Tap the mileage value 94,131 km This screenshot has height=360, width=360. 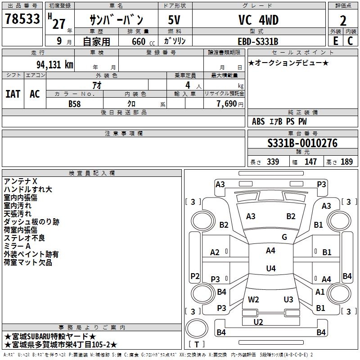click(x=54, y=64)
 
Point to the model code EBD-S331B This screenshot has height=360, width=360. click(x=258, y=41)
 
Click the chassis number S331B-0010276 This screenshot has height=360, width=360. click(x=302, y=144)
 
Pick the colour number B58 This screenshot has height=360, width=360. click(x=75, y=104)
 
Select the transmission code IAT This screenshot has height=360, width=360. click(x=13, y=94)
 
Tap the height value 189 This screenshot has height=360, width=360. click(x=346, y=162)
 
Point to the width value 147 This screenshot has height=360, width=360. click(x=310, y=162)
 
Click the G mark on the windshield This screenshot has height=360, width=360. click(x=284, y=237)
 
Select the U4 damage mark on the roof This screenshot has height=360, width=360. click(x=270, y=269)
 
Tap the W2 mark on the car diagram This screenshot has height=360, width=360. click(x=253, y=299)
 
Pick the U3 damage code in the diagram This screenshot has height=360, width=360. click(x=288, y=299)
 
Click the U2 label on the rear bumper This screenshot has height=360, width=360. click(x=258, y=322)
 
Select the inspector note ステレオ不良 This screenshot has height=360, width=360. click(x=24, y=238)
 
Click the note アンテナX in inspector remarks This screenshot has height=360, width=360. click(x=21, y=181)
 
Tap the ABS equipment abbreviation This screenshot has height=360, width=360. click(x=258, y=121)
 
